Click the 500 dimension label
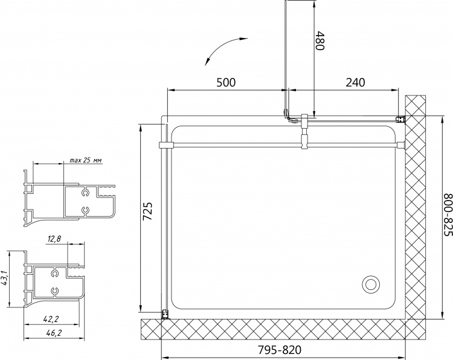click(226, 82)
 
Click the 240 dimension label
click(355, 82)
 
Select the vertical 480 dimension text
click(320, 40)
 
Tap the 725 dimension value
click(147, 211)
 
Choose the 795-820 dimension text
click(279, 350)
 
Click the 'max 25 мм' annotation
click(86, 160)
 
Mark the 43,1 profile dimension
click(4, 278)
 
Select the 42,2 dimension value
click(51, 319)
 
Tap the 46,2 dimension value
click(54, 333)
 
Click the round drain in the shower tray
click(371, 284)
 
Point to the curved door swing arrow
click(222, 48)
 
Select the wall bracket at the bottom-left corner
click(165, 314)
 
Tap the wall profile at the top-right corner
click(400, 119)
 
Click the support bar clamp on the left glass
click(165, 145)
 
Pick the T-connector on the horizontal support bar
click(305, 132)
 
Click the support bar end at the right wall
click(401, 145)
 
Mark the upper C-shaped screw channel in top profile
click(85, 193)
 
